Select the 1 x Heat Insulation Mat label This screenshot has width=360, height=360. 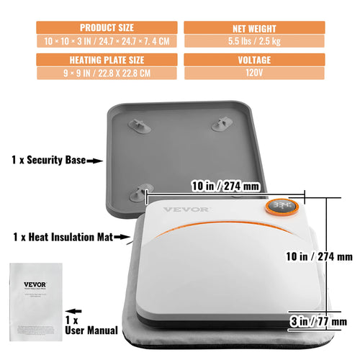click(x=60, y=235)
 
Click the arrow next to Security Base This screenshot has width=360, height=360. click(x=95, y=163)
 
